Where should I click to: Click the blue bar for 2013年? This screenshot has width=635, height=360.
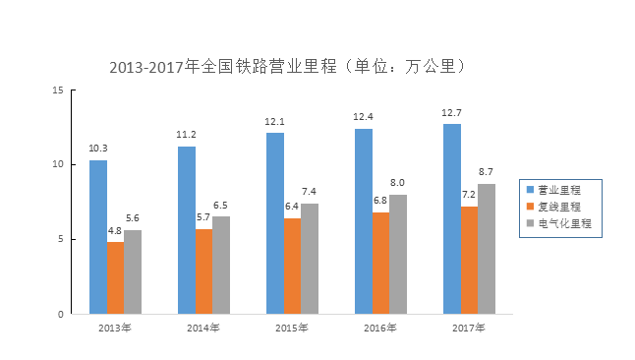point(97,237)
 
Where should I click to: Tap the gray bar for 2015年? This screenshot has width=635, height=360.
point(310,259)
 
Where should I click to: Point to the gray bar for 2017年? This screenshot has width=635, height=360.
point(487,249)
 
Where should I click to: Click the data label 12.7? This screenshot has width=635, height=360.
point(451,113)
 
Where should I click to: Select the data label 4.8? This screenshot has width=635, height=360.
point(115,231)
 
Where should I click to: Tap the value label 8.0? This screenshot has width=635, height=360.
point(398,183)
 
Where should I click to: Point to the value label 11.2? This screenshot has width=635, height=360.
point(186,135)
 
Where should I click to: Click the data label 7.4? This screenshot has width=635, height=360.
point(310,192)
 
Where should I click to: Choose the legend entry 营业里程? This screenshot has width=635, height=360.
point(558,190)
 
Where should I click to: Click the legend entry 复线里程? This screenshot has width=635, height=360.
point(558,208)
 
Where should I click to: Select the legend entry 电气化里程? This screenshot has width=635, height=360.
point(562,224)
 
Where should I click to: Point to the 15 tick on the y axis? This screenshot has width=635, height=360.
point(57,90)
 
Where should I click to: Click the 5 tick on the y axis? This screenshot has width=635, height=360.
point(60,239)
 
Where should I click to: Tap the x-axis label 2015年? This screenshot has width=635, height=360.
point(292,328)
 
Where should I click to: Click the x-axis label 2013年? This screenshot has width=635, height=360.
point(115,328)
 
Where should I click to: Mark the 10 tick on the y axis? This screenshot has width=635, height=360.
point(57,164)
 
